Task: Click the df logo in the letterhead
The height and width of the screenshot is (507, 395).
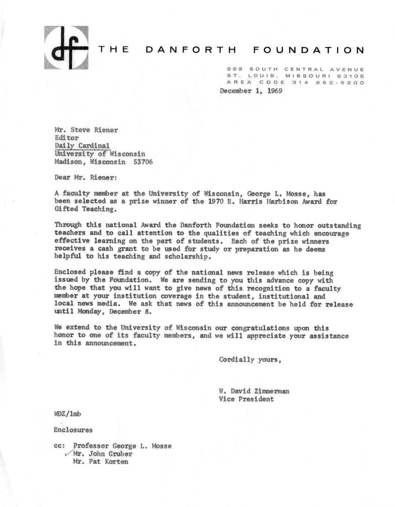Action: [x=66, y=48]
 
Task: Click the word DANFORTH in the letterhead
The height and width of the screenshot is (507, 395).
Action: [x=191, y=50]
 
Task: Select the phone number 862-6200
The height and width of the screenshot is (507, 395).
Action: [x=340, y=83]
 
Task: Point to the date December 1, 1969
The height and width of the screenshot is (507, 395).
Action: [x=251, y=91]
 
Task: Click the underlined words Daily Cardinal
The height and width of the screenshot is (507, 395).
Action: [x=82, y=145]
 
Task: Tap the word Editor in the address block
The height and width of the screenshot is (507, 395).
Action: [x=66, y=138]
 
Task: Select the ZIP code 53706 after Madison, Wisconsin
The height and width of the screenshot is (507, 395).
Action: [x=143, y=162]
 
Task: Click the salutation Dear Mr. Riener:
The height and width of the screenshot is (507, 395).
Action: [x=86, y=177]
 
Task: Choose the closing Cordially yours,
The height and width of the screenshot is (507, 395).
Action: [x=250, y=360]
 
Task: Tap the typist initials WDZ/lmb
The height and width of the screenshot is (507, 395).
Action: [x=68, y=414]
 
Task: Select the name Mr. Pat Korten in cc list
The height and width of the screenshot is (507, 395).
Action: [x=101, y=462]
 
